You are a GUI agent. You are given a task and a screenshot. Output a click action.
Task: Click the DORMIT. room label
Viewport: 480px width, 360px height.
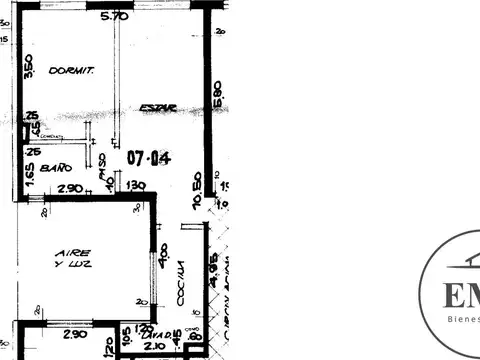coord(71,72)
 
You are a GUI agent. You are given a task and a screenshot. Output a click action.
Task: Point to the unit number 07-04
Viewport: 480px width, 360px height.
coord(148,158)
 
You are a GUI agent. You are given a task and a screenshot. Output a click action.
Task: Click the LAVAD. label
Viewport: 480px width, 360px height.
coord(151,336)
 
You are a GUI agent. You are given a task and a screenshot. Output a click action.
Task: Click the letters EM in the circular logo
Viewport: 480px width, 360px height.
coord(461,297)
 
